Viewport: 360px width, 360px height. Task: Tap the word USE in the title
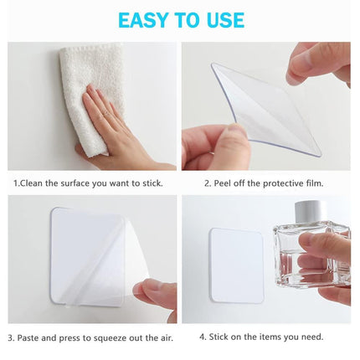tap(221, 20)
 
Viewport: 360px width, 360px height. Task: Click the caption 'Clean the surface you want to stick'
tap(88, 182)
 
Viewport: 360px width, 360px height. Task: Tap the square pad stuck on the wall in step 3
tap(88, 251)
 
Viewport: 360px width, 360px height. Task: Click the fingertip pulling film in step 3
tap(155, 293)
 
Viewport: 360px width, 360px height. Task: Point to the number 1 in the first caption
tap(14, 182)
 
